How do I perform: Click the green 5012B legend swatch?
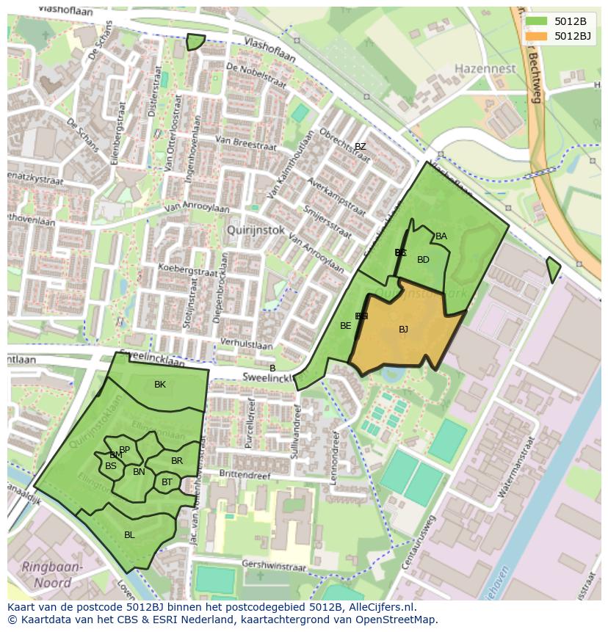pyautogui.click(x=538, y=22)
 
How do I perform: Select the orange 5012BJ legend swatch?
pyautogui.click(x=538, y=36)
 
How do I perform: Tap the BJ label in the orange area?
pyautogui.click(x=403, y=330)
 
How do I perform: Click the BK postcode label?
pyautogui.click(x=160, y=385)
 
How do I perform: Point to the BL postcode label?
pyautogui.click(x=129, y=535)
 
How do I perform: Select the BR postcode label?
pyautogui.click(x=177, y=461)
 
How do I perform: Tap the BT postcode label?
pyautogui.click(x=167, y=482)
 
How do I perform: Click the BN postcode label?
pyautogui.click(x=139, y=472)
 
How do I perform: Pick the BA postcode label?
pyautogui.click(x=441, y=236)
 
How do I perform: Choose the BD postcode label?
pyautogui.click(x=423, y=260)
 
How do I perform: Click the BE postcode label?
pyautogui.click(x=345, y=326)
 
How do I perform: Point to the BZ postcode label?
pyautogui.click(x=360, y=147)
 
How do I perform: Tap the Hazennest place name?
pyautogui.click(x=485, y=68)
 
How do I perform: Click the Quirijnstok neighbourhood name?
pyautogui.click(x=256, y=228)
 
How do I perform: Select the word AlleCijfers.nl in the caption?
pyautogui.click(x=381, y=607)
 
